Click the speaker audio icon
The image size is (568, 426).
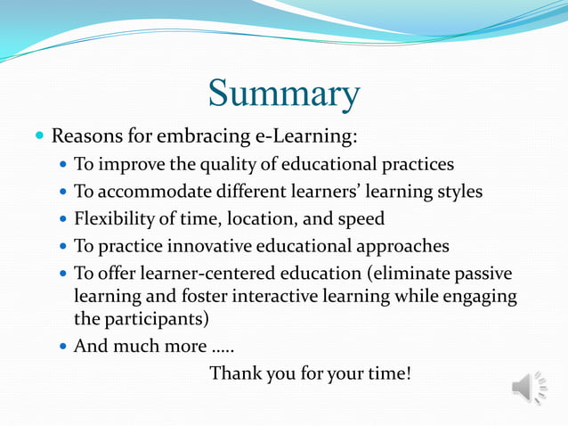529,388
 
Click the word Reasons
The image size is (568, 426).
85,137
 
